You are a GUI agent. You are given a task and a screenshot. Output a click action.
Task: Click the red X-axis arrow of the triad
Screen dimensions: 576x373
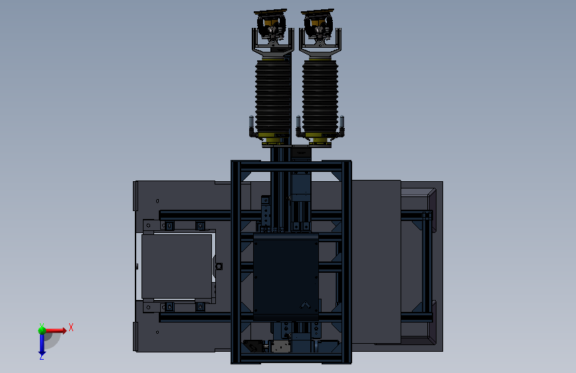pyautogui.click(x=55, y=331)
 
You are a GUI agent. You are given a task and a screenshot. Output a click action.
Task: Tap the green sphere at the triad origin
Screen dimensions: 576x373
pyautogui.click(x=42, y=331)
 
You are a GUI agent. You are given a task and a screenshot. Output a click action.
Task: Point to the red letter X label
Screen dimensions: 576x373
pyautogui.click(x=71, y=327)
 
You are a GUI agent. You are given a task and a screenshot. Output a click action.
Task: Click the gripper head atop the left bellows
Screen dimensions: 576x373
pyautogui.click(x=272, y=31)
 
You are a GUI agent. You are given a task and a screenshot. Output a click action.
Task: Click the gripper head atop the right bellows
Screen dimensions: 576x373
pyautogui.click(x=319, y=31)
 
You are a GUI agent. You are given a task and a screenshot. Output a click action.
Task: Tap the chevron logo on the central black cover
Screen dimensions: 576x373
pyautogui.click(x=305, y=305)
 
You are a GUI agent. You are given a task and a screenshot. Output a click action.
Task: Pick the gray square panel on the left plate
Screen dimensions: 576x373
pyautogui.click(x=177, y=266)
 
